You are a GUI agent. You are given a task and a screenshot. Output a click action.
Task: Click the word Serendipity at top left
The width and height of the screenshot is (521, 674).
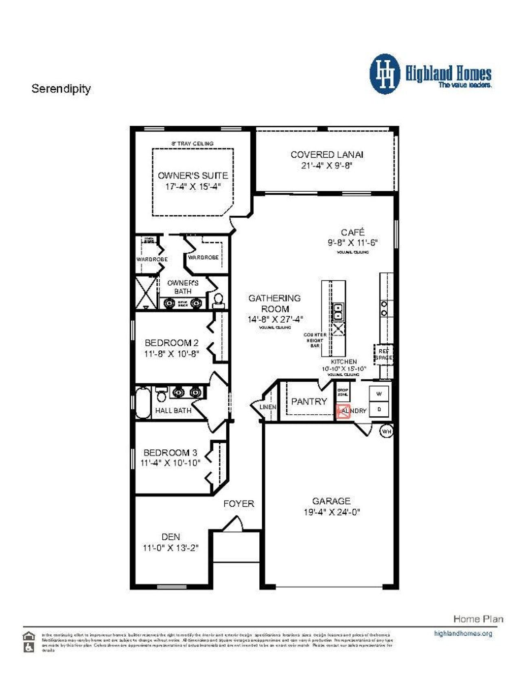point(61,89)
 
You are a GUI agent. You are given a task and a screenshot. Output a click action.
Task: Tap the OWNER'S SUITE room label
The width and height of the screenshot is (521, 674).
point(193,176)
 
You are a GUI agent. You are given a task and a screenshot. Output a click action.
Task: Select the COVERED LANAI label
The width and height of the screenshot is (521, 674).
point(327,155)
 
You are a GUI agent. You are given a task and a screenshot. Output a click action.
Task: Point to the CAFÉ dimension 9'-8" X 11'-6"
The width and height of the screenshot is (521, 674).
point(353,243)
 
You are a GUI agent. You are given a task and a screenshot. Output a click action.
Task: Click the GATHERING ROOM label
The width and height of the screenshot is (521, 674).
point(275,303)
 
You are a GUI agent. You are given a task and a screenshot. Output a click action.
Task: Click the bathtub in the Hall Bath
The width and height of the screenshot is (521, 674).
point(143,403)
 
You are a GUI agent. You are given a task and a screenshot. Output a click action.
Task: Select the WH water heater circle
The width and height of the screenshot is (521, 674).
point(386,431)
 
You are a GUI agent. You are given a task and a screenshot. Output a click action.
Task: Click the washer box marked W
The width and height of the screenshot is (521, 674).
point(379,394)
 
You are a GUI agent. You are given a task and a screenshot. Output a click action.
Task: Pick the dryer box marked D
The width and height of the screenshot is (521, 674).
point(379,409)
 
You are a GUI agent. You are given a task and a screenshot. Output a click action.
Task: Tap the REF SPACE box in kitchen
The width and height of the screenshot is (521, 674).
point(383,354)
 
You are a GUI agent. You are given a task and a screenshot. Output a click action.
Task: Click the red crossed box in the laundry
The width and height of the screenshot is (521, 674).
point(343,411)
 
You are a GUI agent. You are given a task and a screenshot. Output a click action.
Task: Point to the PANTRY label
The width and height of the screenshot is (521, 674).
point(309,401)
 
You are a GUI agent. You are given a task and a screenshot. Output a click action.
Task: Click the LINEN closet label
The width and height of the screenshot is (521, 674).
point(268,407)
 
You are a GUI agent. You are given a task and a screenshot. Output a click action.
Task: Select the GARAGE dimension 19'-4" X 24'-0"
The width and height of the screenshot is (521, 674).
point(332,512)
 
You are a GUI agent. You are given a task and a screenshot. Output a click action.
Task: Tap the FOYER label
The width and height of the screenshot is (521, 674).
point(239,504)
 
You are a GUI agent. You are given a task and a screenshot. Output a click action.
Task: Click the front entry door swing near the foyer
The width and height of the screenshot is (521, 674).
point(233,523)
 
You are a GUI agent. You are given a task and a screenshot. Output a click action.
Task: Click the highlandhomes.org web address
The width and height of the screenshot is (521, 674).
point(463,634)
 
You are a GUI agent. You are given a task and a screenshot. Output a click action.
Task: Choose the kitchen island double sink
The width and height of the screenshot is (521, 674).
point(337,311)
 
